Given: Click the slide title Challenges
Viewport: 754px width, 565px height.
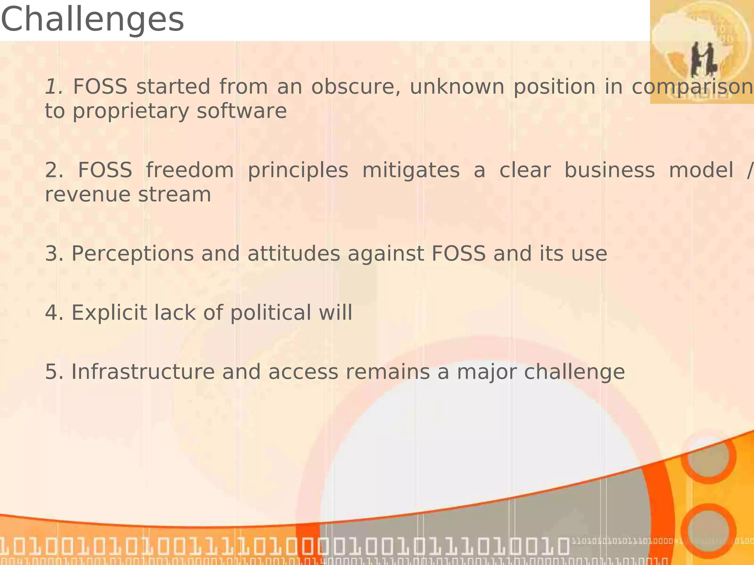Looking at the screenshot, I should tap(92, 20).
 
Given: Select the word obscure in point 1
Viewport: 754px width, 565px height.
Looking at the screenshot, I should tap(356, 87).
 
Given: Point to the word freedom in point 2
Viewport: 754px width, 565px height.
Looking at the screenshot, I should tap(190, 170).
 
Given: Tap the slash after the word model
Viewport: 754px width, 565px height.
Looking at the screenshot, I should tap(750, 170).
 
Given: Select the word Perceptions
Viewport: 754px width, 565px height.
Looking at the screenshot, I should tap(132, 254).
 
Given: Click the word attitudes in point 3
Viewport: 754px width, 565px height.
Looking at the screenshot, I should tap(293, 254).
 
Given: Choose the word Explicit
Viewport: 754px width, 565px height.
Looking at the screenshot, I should tap(109, 313).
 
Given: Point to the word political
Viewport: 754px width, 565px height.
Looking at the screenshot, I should tap(271, 313).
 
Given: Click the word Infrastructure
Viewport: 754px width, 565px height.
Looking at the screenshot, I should tap(142, 372).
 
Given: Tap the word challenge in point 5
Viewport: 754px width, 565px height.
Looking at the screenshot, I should tap(574, 372).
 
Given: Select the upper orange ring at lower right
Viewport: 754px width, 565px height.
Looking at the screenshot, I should tap(708, 456).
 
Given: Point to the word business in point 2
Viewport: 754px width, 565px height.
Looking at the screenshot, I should tap(609, 170).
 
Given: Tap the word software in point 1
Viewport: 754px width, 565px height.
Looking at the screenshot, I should tap(242, 111).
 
